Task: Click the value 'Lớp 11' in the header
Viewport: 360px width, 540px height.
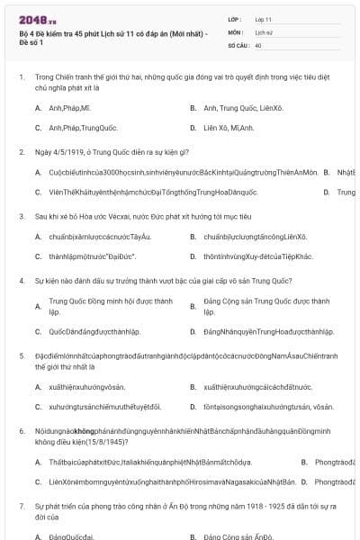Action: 263,19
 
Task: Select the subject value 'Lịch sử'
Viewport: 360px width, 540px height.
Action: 264,31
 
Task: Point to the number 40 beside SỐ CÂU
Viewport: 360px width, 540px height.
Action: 258,44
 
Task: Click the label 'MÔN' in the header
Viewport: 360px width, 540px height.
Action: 236,31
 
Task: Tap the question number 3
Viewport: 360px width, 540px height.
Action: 21,217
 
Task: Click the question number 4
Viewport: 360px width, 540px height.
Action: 21,281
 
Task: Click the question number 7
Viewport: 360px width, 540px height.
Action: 21,507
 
